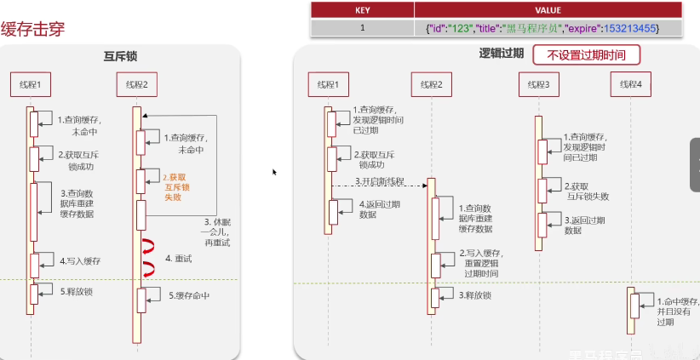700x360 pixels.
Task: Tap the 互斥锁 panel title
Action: (x=121, y=56)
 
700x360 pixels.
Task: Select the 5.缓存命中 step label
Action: (x=188, y=295)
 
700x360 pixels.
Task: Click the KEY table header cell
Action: (x=362, y=10)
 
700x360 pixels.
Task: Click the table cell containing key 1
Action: (x=362, y=28)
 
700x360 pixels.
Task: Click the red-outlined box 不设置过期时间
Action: (x=585, y=55)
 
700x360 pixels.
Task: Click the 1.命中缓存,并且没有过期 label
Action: (x=678, y=311)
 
